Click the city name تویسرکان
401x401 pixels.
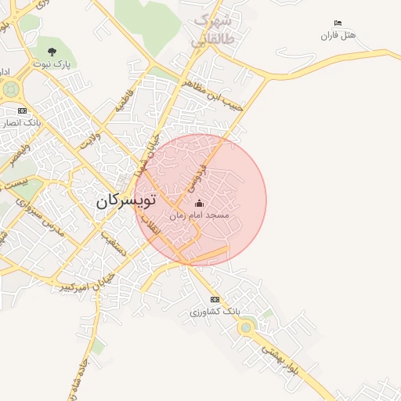pos(126,200)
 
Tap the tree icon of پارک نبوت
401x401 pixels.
pos(52,52)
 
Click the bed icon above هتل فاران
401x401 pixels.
pos(338,23)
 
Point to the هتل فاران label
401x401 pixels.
pos(338,35)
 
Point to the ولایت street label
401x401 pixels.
pos(92,141)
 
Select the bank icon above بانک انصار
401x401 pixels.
pos(22,110)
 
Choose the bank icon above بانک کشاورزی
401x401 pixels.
pos(215,300)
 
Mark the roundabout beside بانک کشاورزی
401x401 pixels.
pos(247,327)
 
